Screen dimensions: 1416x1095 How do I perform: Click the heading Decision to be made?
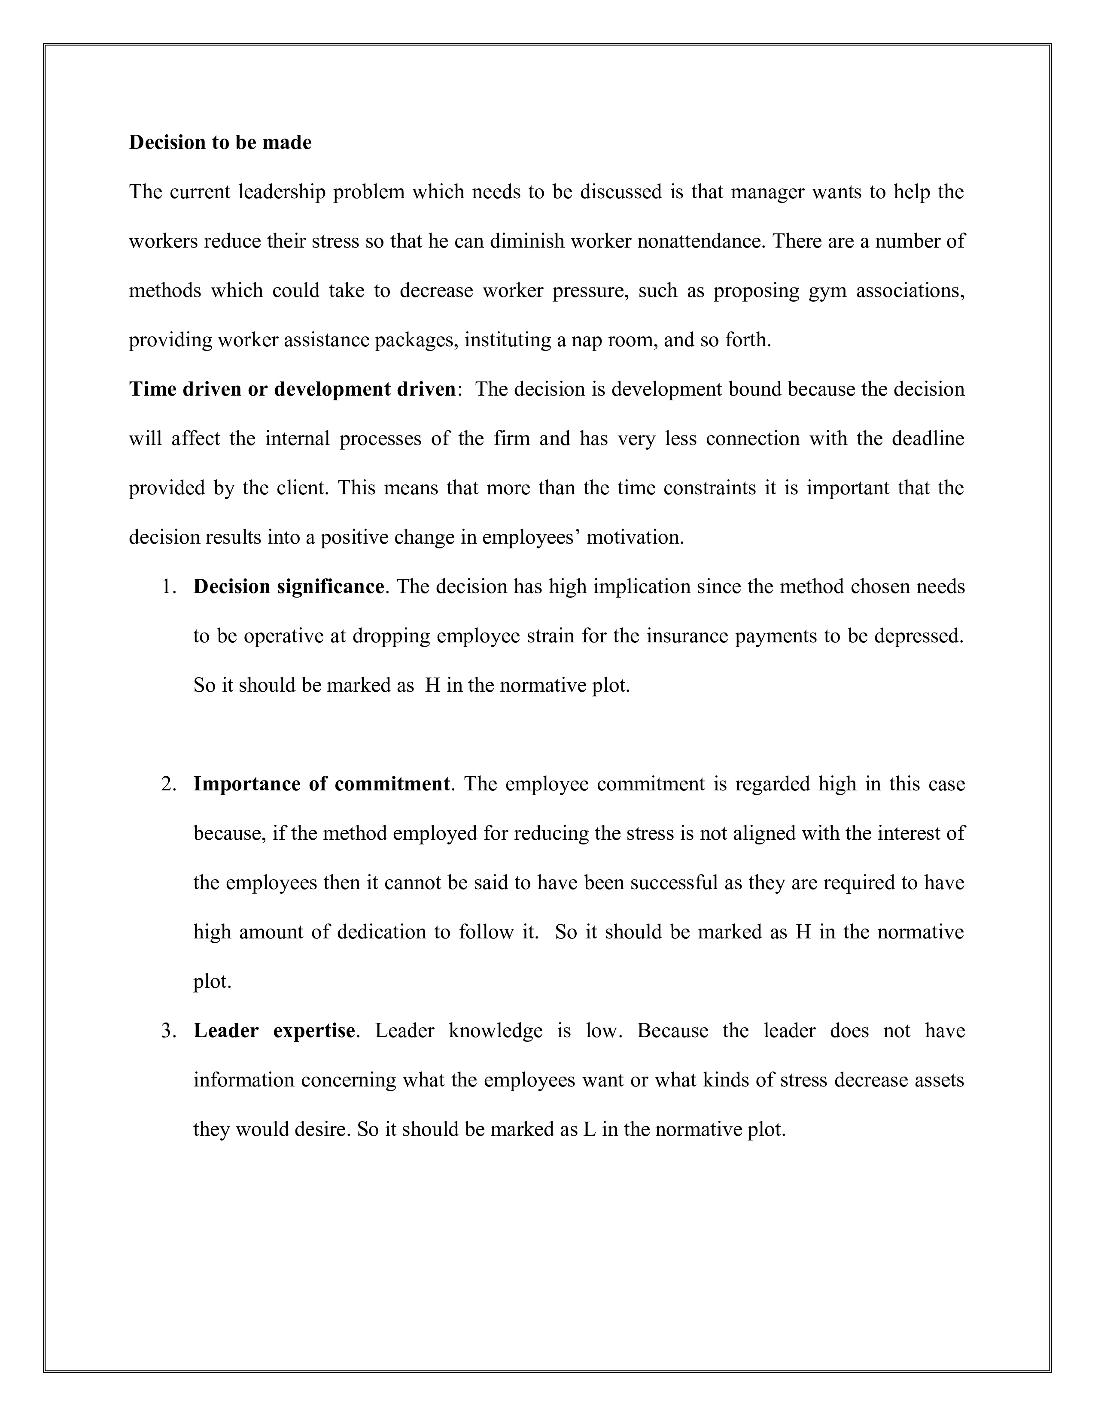click(x=220, y=142)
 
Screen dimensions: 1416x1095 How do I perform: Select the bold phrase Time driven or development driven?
click(x=292, y=389)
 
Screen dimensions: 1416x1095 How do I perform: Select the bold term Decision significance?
click(x=289, y=587)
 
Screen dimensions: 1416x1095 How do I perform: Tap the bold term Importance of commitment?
click(x=322, y=784)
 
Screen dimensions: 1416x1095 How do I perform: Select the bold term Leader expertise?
click(x=274, y=1031)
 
